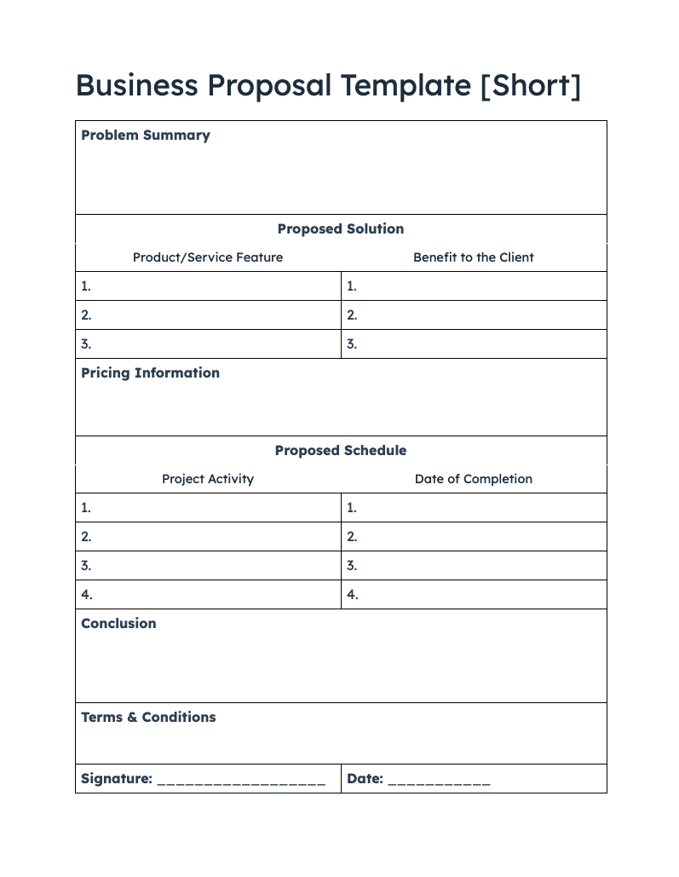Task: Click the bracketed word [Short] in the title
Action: click(x=530, y=86)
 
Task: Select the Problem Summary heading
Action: click(x=145, y=136)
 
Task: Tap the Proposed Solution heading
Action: click(x=340, y=229)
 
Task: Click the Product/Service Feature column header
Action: click(x=208, y=257)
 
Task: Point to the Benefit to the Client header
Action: click(x=473, y=257)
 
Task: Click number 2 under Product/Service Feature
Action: click(x=86, y=315)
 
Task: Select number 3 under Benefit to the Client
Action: click(x=352, y=344)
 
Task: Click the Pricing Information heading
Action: click(x=150, y=373)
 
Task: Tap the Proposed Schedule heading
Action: click(x=340, y=451)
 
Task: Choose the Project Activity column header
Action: click(x=208, y=479)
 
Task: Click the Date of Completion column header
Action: click(x=473, y=479)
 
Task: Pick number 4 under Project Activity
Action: click(x=86, y=595)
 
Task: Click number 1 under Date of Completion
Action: click(x=352, y=508)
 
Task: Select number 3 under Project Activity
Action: click(x=86, y=566)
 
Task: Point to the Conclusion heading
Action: click(x=118, y=624)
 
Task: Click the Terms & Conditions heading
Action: click(x=148, y=718)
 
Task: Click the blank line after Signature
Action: click(x=241, y=782)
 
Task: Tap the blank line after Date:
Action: click(x=439, y=782)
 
